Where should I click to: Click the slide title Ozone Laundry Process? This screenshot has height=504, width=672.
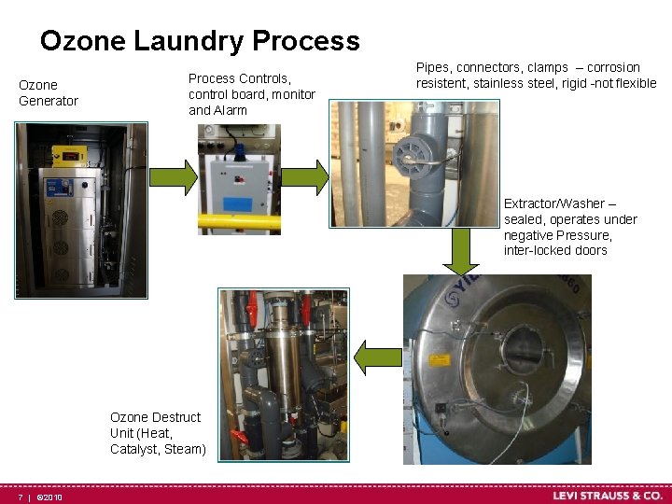point(200,41)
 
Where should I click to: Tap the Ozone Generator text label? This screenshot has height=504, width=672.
point(49,92)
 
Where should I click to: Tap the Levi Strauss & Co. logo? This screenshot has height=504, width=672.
point(607,496)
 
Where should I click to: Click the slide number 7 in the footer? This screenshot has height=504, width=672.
point(19,497)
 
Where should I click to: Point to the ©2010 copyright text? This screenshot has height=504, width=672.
point(49,497)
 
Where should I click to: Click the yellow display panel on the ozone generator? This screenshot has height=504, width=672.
point(70,154)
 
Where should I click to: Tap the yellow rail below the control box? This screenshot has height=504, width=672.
point(239,223)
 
